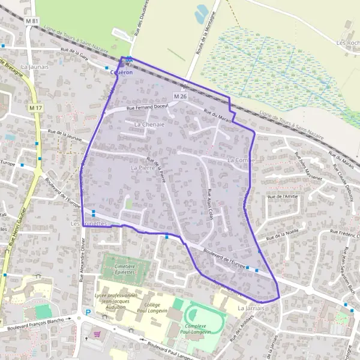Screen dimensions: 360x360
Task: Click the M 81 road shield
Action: pyautogui.click(x=32, y=22)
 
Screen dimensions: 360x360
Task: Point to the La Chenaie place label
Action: pyautogui.click(x=149, y=124)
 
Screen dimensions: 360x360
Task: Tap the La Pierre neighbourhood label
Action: pyautogui.click(x=142, y=169)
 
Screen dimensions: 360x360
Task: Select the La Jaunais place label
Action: pyautogui.click(x=34, y=67)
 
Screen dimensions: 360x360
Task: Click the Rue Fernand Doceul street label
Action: pyautogui.click(x=145, y=107)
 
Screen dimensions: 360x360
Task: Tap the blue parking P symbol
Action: pyautogui.click(x=88, y=312)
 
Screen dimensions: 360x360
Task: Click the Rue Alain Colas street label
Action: pyautogui.click(x=211, y=201)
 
